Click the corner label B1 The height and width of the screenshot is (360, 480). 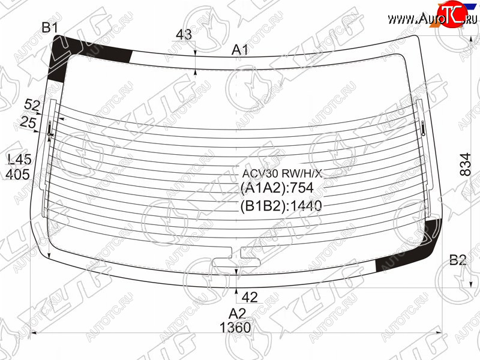tap(50, 28)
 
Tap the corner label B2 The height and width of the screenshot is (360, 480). tap(458, 260)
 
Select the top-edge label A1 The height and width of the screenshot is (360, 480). tap(239, 50)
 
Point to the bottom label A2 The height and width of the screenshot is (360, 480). tap(237, 314)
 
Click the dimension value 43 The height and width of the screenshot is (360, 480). tap(184, 35)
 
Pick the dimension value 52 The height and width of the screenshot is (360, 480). tap(32, 106)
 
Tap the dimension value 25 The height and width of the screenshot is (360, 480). tap(28, 122)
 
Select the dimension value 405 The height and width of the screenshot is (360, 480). tap(18, 175)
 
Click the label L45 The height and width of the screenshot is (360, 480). tap(20, 160)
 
